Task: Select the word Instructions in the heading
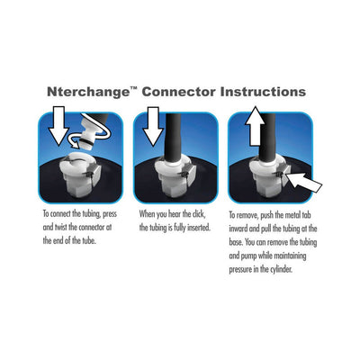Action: point(260,92)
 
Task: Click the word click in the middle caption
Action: point(211,215)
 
